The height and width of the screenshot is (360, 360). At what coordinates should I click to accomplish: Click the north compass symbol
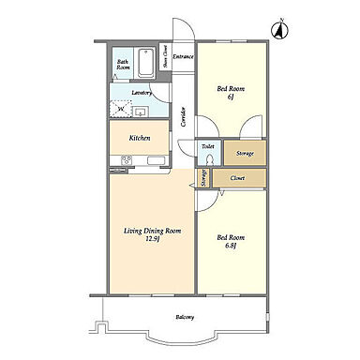point(278,30)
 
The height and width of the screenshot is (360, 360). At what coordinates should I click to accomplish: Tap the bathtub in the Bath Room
point(146,63)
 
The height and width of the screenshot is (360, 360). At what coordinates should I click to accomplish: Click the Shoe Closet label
point(165,56)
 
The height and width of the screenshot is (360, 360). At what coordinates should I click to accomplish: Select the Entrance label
point(184,57)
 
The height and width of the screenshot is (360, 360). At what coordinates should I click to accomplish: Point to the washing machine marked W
point(120,109)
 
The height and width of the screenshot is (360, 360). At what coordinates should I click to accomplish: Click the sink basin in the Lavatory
point(141,111)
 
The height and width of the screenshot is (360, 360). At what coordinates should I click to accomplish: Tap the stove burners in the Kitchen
point(127,160)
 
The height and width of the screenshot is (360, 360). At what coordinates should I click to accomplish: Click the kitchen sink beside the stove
point(156,160)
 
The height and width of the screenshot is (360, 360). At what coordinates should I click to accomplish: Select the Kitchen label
point(140,138)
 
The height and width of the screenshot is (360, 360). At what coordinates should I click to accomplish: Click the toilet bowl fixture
point(210,159)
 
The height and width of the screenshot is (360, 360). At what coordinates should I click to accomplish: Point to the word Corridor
point(184,117)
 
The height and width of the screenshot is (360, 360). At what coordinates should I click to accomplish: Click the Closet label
point(237,178)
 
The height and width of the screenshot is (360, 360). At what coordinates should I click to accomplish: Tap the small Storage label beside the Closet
point(204,178)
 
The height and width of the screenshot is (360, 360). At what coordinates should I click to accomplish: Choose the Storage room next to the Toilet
point(246,153)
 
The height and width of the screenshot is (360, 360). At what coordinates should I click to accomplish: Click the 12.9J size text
point(153,239)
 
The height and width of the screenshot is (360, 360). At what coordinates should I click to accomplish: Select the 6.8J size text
point(231,246)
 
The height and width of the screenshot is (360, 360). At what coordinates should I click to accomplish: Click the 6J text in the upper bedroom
point(231,97)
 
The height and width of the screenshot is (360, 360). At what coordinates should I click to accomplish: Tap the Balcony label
point(185,317)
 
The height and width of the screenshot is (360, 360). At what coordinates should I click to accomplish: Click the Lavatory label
point(142,93)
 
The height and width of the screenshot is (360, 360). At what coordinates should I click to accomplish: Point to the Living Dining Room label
point(153,232)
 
